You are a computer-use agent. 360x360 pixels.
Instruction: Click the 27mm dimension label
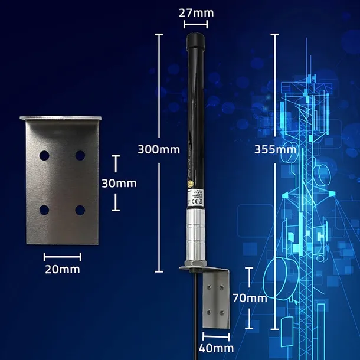point(196,12)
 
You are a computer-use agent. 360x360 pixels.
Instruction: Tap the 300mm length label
point(158,149)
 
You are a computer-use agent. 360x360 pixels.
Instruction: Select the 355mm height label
point(275,149)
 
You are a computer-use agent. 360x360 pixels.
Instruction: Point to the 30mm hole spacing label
point(119,183)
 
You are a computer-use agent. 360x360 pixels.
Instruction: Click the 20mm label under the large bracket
point(63,269)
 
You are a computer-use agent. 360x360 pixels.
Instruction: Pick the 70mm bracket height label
point(249,298)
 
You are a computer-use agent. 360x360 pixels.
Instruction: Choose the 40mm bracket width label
point(215,348)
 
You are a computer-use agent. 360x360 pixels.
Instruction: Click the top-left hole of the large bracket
point(44,155)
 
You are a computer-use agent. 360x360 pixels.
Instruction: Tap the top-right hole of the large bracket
point(80,155)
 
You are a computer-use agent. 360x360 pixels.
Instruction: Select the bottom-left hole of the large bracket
point(44,209)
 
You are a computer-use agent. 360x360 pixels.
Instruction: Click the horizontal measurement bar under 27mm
point(196,24)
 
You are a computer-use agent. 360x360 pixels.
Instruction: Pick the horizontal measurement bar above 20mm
point(63,256)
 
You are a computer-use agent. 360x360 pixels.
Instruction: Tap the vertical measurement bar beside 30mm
point(116,183)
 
